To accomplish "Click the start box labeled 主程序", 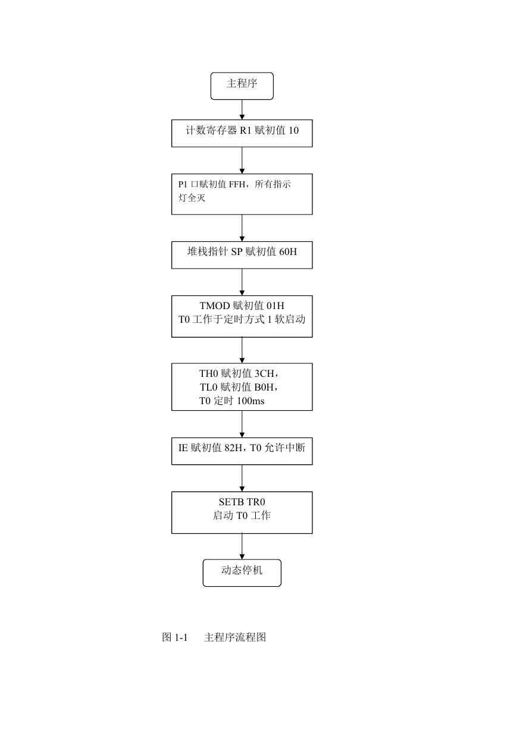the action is click(x=242, y=86).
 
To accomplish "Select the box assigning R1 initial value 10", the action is click(x=242, y=133).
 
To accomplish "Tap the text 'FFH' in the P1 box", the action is click(x=237, y=184).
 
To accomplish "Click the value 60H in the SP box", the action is click(x=288, y=251).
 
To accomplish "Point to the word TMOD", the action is click(x=215, y=306).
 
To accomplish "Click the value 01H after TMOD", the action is click(x=275, y=306).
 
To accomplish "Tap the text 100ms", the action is click(x=250, y=401).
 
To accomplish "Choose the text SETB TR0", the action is click(x=242, y=502).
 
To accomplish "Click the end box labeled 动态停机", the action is click(x=242, y=573).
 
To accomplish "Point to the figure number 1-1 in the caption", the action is click(x=181, y=637).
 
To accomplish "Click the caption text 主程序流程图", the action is click(x=235, y=637).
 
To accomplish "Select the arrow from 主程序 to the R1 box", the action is click(x=242, y=109).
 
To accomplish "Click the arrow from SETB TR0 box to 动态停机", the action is click(x=242, y=546).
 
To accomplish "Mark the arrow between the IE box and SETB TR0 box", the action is click(x=242, y=478).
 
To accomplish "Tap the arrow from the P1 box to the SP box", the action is click(x=242, y=228).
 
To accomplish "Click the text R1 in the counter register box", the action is click(x=246, y=130).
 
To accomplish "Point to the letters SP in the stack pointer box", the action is click(x=237, y=251).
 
